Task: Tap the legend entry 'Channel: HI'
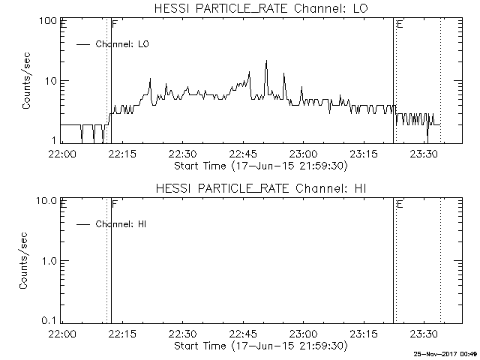click(x=120, y=224)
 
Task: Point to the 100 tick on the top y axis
click(x=49, y=20)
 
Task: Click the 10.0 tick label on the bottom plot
click(x=48, y=200)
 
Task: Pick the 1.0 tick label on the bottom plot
click(x=50, y=260)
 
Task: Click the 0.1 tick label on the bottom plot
click(x=50, y=320)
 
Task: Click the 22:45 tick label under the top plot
click(x=243, y=154)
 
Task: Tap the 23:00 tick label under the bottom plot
click(x=303, y=334)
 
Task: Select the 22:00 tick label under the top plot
click(x=61, y=154)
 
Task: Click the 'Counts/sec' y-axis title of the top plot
click(x=27, y=81)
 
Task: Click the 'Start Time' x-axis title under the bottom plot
click(x=259, y=346)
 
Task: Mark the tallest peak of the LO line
click(x=266, y=61)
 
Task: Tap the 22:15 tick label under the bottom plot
click(x=122, y=334)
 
